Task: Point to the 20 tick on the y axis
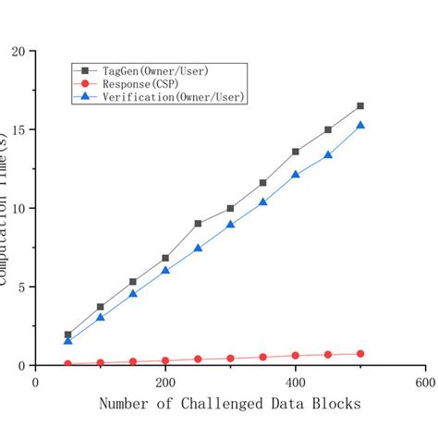tap(18, 51)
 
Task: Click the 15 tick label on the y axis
tap(18, 129)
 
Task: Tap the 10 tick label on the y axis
tap(18, 208)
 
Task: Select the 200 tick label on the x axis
tap(165, 381)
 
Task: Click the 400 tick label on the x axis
tap(296, 381)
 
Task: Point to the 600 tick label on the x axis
tap(424, 381)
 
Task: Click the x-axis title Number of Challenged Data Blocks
tap(229, 405)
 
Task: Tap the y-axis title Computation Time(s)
tap(7, 208)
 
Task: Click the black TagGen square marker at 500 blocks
tap(360, 106)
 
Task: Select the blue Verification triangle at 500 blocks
tap(360, 125)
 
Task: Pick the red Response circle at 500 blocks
tap(360, 354)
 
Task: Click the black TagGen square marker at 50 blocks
tap(68, 335)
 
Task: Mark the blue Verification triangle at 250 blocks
tap(198, 248)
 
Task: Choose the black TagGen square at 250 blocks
tap(198, 224)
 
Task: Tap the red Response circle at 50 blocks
tap(68, 363)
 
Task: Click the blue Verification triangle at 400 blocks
tap(296, 174)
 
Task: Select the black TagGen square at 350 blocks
tap(263, 183)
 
